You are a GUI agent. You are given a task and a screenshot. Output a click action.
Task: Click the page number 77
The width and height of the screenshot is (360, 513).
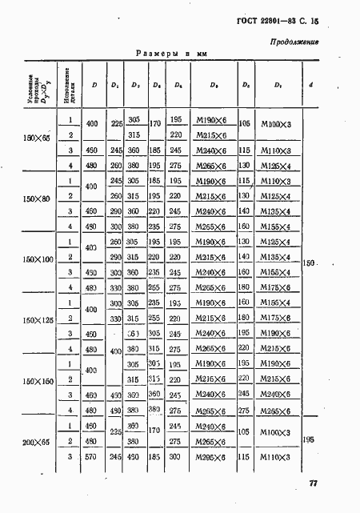click(312, 483)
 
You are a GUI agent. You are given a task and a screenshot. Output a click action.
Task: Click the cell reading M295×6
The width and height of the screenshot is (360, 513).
click(206, 457)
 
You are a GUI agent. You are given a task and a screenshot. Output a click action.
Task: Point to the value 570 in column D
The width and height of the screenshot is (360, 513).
click(93, 457)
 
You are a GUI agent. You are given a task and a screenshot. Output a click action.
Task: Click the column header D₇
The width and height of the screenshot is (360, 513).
click(277, 84)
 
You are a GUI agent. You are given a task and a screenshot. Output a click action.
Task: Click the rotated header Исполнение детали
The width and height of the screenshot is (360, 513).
click(71, 84)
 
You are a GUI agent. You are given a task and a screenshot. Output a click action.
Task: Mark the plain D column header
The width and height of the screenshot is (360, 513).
click(94, 84)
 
